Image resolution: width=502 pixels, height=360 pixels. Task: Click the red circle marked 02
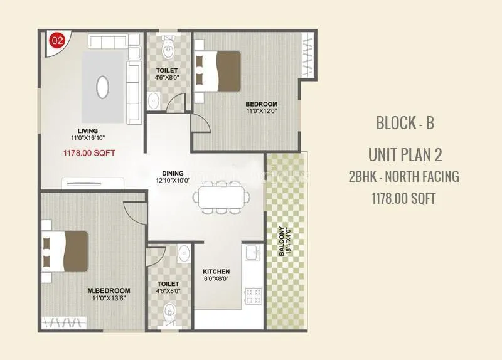pos(57,41)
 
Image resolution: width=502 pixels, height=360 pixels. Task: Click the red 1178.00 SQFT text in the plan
pos(88,152)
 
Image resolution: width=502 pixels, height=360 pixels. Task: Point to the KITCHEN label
pos(216,272)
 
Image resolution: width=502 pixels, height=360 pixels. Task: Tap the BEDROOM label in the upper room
pos(261,104)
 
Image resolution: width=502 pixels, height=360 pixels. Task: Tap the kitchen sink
pos(252,253)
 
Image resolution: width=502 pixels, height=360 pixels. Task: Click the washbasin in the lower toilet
pos(183,253)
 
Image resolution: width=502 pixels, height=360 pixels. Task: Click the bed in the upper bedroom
pos(217,71)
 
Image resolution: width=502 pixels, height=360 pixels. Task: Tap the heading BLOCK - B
pos(405,122)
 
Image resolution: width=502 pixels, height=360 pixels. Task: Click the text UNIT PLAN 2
pos(405,153)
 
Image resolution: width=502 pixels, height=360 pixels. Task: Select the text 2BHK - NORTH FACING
pos(404,176)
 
